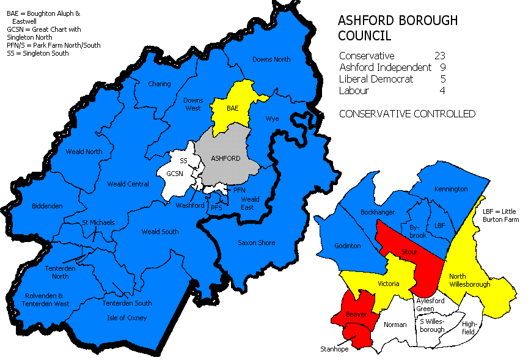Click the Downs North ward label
tap(271, 59)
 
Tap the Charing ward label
tap(159, 84)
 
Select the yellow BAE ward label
tap(232, 108)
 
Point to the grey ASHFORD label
tap(225, 158)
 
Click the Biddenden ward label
tap(47, 206)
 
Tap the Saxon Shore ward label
tap(256, 243)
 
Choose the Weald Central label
tap(128, 184)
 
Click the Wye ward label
tap(271, 119)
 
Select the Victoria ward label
tap(388, 284)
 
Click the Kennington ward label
tap(451, 189)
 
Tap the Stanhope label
tap(334, 349)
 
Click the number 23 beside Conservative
tap(439, 56)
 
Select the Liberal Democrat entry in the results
tap(376, 79)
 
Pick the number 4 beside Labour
tap(442, 90)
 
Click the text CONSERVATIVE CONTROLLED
tap(407, 114)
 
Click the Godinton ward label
tap(348, 246)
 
